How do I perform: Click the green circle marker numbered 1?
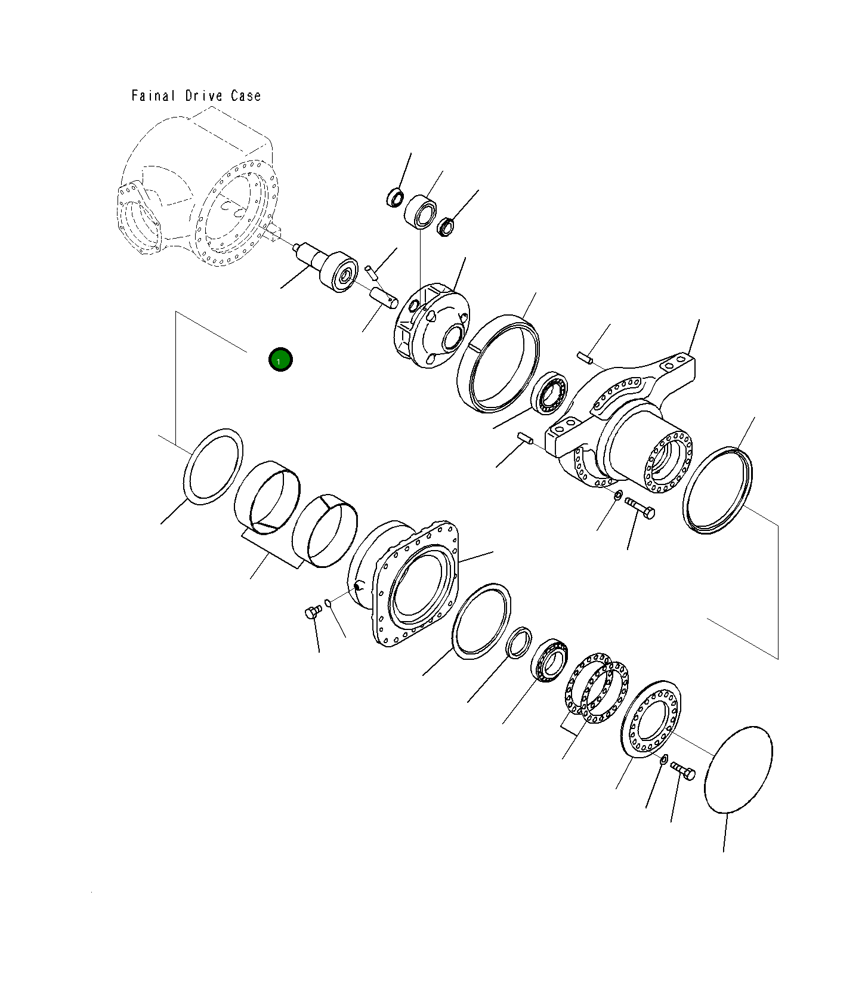pos(280,360)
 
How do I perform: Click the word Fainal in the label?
pos(153,95)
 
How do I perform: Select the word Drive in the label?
pos(203,95)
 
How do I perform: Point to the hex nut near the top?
pos(446,227)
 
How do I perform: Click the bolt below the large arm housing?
pos(640,508)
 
